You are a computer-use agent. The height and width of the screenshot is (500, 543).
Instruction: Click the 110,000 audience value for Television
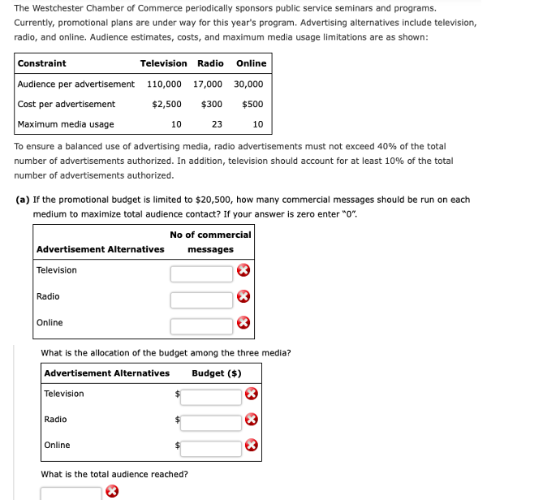[x=164, y=84]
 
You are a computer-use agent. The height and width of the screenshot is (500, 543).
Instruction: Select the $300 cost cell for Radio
[x=212, y=104]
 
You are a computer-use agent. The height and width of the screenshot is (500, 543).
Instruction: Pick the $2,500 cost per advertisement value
[x=166, y=104]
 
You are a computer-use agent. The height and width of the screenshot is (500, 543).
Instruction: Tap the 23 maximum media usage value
[x=217, y=124]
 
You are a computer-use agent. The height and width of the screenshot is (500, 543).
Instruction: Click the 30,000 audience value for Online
[x=248, y=84]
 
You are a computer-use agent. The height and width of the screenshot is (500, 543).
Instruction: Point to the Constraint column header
[x=42, y=63]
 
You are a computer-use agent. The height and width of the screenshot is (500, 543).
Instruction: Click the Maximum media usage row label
[x=66, y=124]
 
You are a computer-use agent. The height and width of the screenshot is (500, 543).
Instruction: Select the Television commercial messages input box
[x=201, y=274]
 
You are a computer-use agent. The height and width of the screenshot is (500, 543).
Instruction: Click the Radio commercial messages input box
[x=201, y=300]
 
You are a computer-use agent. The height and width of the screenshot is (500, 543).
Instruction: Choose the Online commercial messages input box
[x=201, y=325]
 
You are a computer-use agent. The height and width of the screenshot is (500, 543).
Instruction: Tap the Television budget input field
[x=211, y=397]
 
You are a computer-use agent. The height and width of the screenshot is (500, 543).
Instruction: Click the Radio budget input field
[x=211, y=422]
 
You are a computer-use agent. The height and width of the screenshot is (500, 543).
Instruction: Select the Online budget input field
[x=211, y=447]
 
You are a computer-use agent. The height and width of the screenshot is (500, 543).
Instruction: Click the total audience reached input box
[x=71, y=494]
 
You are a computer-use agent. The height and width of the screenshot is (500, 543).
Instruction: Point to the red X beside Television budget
[x=252, y=394]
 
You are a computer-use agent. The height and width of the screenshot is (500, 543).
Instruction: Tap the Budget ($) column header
[x=217, y=373]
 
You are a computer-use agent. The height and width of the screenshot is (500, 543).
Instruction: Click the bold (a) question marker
[x=24, y=200]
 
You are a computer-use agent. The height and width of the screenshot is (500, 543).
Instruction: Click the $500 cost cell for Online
[x=252, y=104]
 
